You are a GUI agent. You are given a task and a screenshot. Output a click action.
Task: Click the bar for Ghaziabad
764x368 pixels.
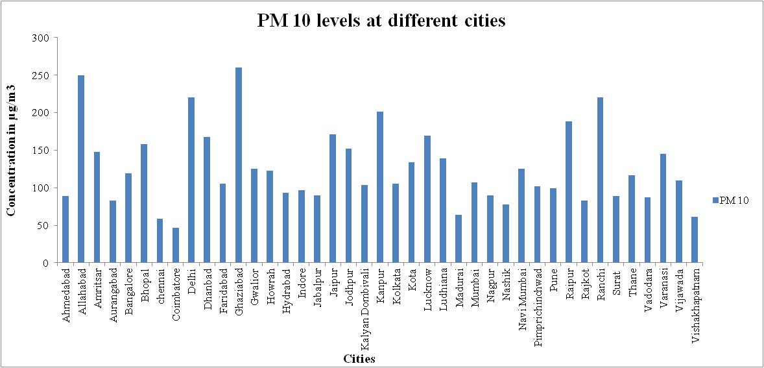(x=239, y=166)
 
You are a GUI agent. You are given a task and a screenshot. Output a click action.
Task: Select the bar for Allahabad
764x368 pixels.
(x=81, y=169)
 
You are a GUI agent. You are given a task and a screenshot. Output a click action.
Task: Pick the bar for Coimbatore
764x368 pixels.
(x=176, y=245)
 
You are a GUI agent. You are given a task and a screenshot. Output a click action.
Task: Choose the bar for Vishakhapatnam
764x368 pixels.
(x=695, y=240)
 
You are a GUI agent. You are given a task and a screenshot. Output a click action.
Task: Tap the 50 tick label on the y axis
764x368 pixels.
(x=43, y=226)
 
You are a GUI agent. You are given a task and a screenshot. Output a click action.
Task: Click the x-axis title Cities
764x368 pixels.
(x=359, y=358)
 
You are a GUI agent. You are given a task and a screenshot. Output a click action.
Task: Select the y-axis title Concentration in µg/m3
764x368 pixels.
(x=12, y=150)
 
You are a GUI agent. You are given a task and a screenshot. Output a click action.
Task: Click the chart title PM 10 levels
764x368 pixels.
(x=381, y=21)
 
